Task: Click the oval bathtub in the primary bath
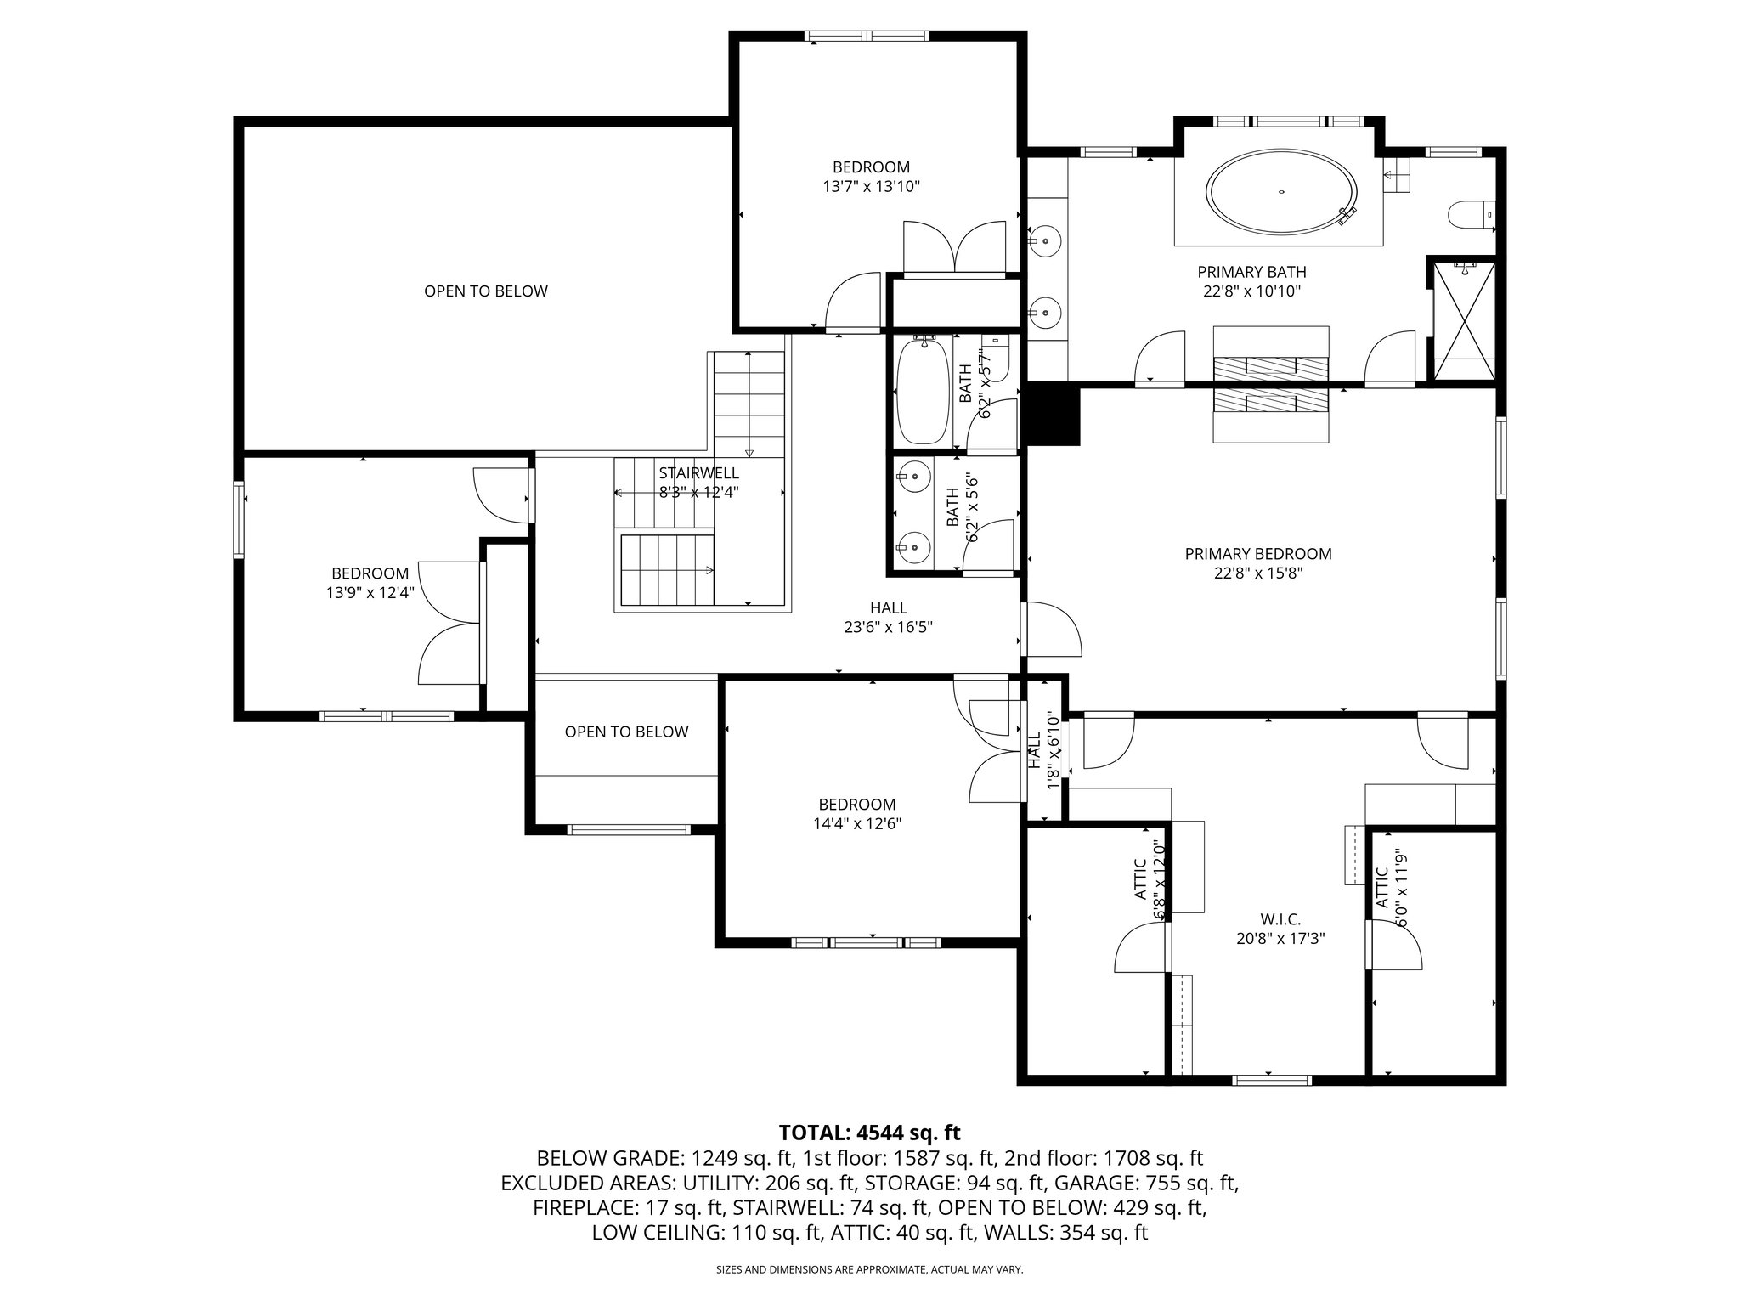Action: click(1281, 192)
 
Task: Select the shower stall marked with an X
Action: click(1463, 321)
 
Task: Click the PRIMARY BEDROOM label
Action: click(1258, 554)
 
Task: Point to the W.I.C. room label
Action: click(1280, 919)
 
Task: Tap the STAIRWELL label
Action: click(698, 473)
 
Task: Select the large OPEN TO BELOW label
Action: click(486, 291)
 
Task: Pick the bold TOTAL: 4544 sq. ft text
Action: click(869, 1133)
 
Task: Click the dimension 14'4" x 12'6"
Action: click(856, 823)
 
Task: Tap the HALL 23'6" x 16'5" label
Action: click(888, 618)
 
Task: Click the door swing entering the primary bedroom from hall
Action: click(1054, 630)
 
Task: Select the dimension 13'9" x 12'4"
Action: click(370, 592)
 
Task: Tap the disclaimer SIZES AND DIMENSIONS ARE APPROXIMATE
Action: click(869, 1270)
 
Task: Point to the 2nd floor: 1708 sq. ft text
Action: click(1104, 1158)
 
